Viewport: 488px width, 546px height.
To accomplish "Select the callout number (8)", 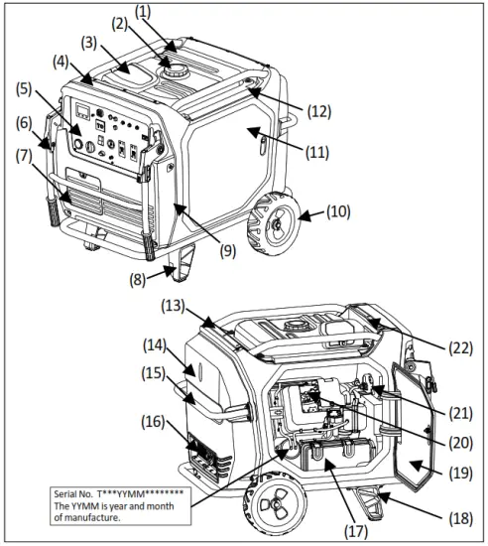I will [x=138, y=279].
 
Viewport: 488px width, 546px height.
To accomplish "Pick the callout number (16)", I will [x=154, y=422].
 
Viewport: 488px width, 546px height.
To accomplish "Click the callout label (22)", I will [x=459, y=347].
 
